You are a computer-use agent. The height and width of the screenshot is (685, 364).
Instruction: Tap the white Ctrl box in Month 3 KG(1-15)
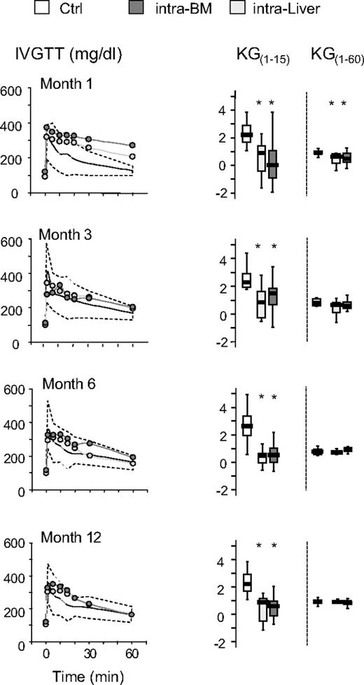246,280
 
